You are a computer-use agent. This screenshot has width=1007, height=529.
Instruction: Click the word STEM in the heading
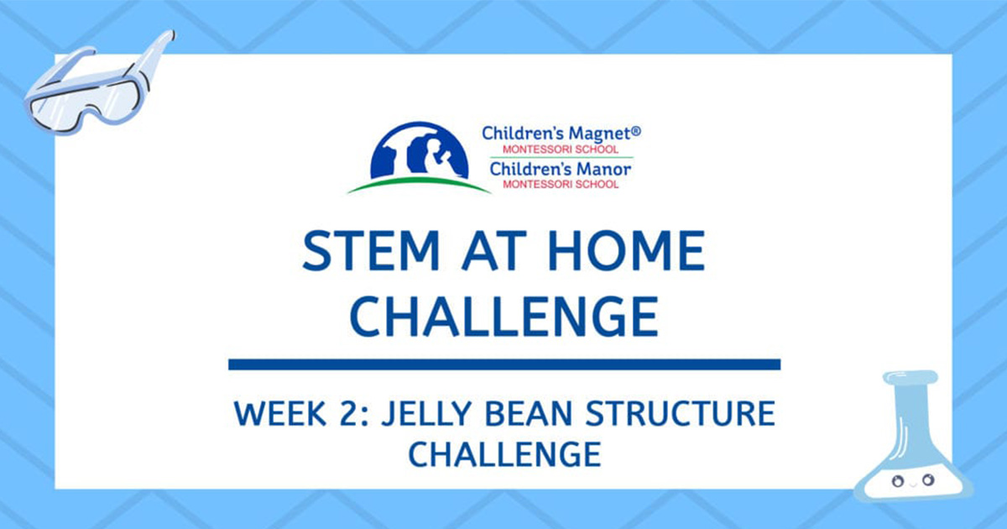click(x=371, y=250)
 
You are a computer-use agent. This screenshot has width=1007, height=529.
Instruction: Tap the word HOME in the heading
click(x=626, y=250)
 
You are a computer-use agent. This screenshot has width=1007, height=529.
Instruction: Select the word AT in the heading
click(x=493, y=250)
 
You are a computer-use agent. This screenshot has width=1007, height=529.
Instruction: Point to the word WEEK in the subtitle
click(x=280, y=413)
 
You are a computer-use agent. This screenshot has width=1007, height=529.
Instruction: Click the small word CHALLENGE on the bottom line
click(x=504, y=454)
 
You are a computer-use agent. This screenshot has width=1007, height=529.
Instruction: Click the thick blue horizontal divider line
click(x=504, y=364)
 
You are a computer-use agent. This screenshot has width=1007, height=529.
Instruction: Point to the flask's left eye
click(x=898, y=481)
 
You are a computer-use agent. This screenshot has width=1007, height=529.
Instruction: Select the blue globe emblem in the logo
click(x=419, y=149)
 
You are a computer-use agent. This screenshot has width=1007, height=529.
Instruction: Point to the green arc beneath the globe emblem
click(x=419, y=184)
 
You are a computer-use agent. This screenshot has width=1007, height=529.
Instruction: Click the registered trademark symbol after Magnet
click(x=636, y=130)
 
